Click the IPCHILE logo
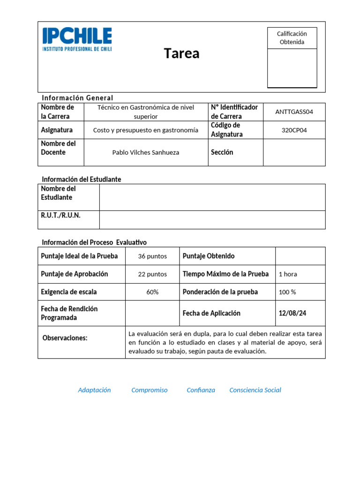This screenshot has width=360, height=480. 77,39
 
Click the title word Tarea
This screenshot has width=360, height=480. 181,53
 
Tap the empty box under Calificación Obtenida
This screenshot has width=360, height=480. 292,67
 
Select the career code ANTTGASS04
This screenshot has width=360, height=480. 294,112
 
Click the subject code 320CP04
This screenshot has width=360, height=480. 294,130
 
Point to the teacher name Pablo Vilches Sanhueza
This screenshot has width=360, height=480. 146,152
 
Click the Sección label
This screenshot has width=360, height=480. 222,152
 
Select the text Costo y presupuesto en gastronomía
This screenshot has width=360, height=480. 146,130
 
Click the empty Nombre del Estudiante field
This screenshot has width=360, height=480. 212,197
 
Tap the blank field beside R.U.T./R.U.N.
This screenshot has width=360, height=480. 212,220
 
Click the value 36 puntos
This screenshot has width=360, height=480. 152,256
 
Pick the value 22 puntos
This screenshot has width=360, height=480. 152,274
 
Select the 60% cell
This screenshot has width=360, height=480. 152,292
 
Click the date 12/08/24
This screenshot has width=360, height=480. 292,313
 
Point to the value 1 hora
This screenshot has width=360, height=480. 288,274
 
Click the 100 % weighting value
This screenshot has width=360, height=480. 287,292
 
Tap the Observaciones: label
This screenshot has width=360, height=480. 65,338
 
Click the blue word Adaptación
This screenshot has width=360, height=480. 94,390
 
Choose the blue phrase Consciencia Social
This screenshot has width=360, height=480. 255,390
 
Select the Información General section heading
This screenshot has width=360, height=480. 77,98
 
